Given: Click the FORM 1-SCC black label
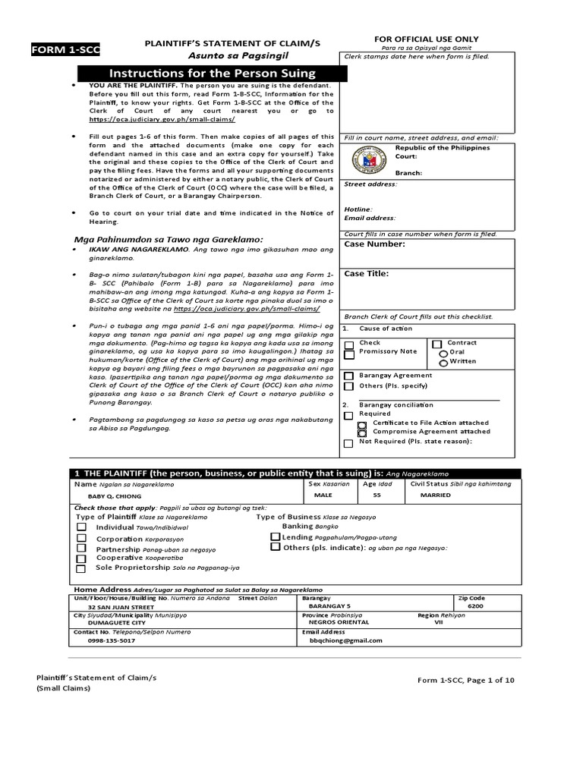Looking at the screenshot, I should (65, 50).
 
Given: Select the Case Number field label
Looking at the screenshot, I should (374, 244).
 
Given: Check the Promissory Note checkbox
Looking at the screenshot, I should (348, 354).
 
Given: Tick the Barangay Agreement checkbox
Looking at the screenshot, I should (348, 376).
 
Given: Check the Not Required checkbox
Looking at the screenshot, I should (348, 443).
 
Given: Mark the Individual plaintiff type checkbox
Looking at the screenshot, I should (80, 527).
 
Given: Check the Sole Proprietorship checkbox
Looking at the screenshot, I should (80, 568).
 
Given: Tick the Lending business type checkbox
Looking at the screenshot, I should (276, 536).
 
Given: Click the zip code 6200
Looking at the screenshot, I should (475, 607).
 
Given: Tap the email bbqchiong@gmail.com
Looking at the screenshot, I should (342, 640).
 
